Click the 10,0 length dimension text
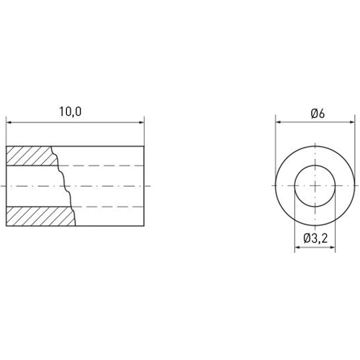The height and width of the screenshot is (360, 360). pos(71,112)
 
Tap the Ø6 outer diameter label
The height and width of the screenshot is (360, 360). pos(317,113)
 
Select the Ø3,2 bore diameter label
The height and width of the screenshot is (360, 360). pos(315,238)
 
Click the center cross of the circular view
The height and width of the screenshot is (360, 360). pos(317,186)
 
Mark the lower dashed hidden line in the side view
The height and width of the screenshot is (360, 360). pos(108,207)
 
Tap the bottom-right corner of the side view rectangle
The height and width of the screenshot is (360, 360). pos(144,226)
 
